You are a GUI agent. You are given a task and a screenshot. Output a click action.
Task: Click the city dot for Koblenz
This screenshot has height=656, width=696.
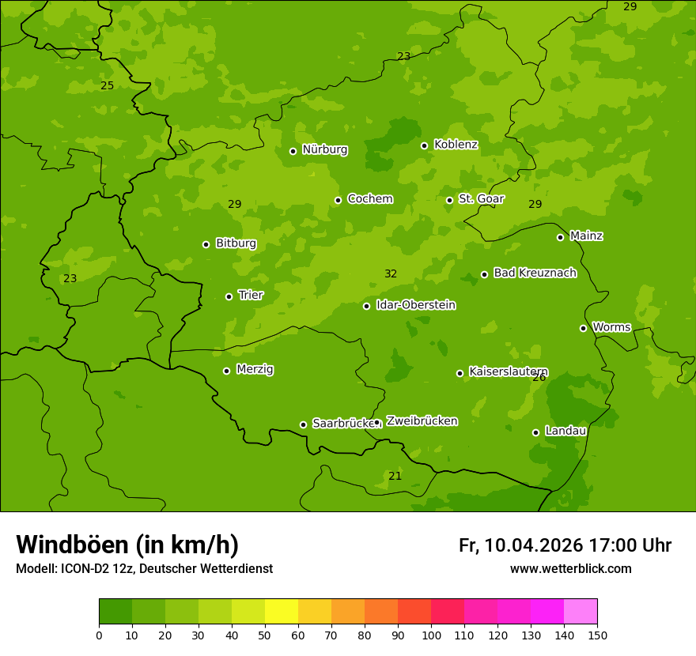click(425, 145)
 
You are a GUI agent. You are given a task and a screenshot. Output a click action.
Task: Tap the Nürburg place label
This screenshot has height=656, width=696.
click(324, 149)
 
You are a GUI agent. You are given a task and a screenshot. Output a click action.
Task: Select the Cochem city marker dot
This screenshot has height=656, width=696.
click(338, 200)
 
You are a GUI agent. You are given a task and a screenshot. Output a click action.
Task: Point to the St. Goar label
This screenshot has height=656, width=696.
click(481, 199)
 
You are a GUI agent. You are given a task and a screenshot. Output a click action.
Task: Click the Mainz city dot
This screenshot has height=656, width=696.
click(560, 237)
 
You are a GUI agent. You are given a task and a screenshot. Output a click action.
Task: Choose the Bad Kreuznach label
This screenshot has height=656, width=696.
click(535, 273)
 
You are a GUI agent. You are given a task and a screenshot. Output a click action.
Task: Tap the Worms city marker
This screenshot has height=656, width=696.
click(583, 328)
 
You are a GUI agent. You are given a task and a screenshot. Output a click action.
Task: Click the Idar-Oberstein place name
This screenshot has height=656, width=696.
click(415, 305)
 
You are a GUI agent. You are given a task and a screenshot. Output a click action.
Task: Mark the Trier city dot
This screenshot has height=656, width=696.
click(229, 296)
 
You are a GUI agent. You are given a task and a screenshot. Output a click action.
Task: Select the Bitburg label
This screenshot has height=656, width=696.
click(236, 243)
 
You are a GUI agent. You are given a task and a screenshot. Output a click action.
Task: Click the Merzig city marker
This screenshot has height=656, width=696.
click(226, 371)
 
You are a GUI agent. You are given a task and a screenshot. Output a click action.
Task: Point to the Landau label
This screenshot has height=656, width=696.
click(565, 432)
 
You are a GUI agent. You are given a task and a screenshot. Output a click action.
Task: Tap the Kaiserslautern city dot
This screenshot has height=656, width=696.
click(460, 373)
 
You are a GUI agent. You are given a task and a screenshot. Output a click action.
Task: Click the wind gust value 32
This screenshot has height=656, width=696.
click(391, 274)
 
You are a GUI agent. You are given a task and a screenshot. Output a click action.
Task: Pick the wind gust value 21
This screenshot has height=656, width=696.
click(395, 476)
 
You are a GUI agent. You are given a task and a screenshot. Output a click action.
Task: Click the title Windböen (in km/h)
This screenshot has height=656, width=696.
click(127, 545)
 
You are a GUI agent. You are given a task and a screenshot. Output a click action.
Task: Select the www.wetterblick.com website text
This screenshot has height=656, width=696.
click(570, 569)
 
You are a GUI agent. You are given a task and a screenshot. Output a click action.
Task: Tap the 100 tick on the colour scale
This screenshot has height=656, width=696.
click(431, 635)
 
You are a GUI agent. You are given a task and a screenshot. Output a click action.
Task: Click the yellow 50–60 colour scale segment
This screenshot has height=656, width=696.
click(282, 612)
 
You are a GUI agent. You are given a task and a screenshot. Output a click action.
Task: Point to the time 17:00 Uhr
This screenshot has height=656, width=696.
click(630, 545)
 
